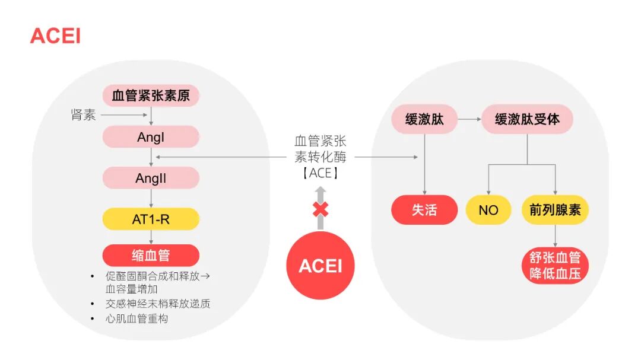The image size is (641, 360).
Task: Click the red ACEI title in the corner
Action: (55, 36)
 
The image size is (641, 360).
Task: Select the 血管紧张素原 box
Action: (151, 95)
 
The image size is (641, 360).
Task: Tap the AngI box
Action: (151, 137)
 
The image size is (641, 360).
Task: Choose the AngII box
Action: (151, 178)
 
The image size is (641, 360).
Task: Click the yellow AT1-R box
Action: (151, 219)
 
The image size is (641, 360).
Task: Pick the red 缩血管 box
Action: (151, 256)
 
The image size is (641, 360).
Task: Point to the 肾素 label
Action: (83, 115)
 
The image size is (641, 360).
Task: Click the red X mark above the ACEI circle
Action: (320, 209)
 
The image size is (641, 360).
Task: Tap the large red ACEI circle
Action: (320, 265)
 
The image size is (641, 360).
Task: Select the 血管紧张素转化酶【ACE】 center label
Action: (320, 157)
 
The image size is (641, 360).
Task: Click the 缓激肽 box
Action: (424, 119)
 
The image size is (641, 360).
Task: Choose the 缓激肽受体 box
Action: (527, 119)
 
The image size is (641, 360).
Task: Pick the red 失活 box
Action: (424, 210)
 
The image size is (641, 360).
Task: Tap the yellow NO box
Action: (488, 210)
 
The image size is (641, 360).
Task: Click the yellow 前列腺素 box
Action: (556, 210)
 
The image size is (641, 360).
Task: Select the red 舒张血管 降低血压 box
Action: (556, 266)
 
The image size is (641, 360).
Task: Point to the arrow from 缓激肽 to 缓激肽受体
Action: (469, 119)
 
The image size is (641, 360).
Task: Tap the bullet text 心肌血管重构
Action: (137, 319)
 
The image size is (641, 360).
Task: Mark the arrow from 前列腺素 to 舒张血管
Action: (556, 236)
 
